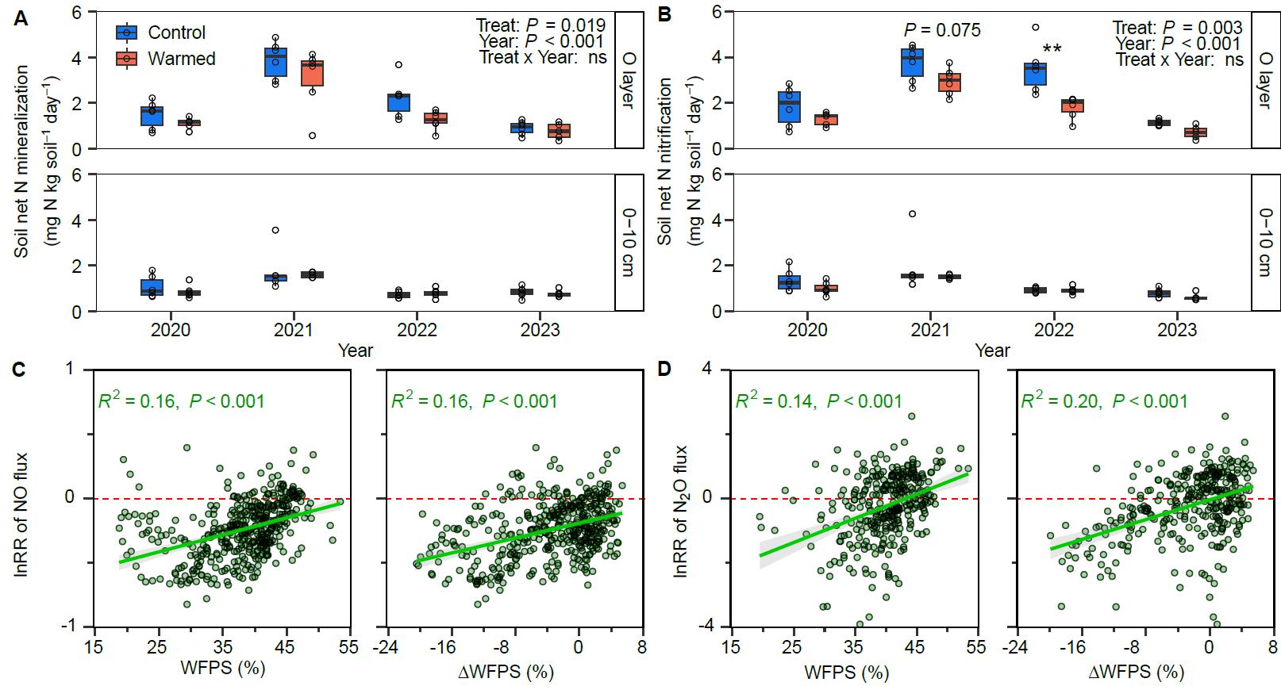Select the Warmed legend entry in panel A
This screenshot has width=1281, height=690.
coord(167,59)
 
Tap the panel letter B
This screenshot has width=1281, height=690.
coord(665,14)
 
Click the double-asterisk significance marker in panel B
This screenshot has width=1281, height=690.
coord(1052,49)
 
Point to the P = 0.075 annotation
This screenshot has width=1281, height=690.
coord(942,30)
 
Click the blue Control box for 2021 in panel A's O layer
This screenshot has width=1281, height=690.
coord(275,62)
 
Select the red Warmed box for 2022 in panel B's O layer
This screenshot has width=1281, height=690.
coord(1072,105)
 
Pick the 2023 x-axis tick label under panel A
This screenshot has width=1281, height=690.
coord(540,330)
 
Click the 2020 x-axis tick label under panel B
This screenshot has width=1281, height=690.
coord(807,330)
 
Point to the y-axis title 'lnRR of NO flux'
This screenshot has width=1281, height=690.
coord(21,514)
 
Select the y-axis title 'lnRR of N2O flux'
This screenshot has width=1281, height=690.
coord(680,512)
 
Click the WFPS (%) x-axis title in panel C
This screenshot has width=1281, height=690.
coord(223,668)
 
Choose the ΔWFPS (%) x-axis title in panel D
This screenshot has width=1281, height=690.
coord(1136,672)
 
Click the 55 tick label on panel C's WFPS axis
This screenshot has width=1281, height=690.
coord(348,647)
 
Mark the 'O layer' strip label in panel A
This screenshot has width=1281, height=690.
coord(629,80)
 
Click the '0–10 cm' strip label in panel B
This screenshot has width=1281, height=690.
coord(1265,243)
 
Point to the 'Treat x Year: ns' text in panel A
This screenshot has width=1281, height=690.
coord(543,57)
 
